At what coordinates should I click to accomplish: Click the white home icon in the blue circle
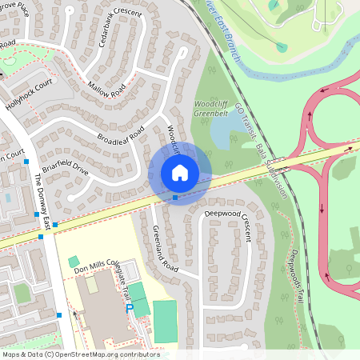[x=180, y=172]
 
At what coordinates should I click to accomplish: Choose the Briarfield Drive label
[x=65, y=160]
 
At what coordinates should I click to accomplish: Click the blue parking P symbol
[x=130, y=307]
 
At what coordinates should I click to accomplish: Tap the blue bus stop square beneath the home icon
[x=175, y=197]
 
